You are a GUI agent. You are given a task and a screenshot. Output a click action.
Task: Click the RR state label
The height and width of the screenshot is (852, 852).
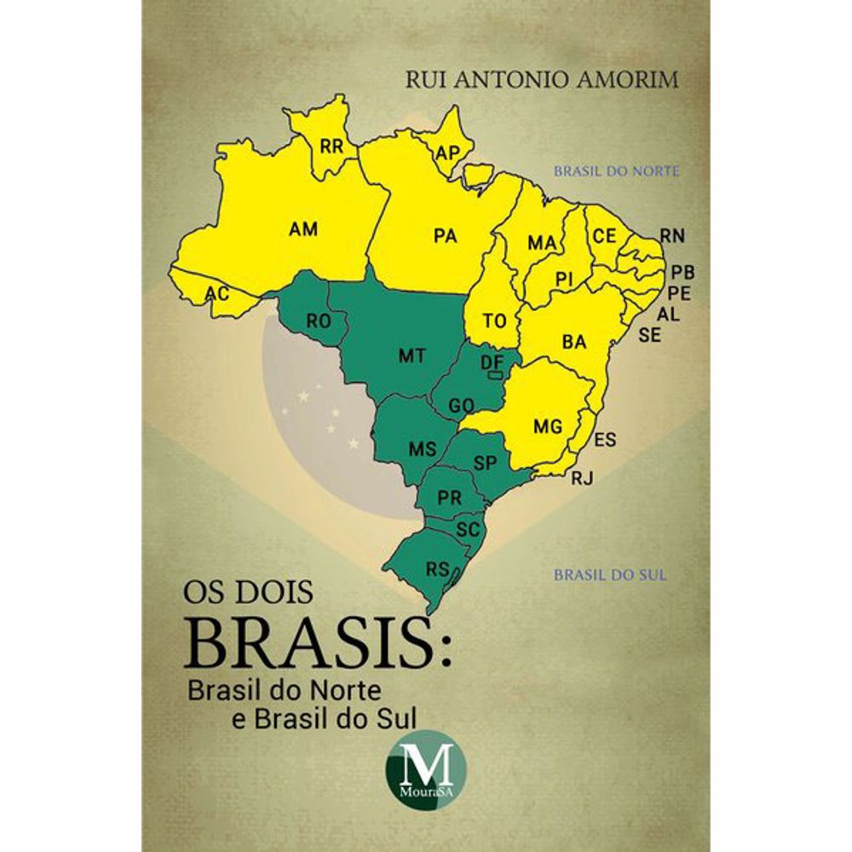331,146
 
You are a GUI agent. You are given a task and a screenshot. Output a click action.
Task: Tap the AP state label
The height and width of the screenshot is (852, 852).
447,153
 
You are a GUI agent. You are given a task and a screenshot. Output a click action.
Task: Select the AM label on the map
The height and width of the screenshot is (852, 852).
303,228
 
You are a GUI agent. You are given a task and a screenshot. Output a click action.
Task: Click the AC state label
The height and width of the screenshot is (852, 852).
217,294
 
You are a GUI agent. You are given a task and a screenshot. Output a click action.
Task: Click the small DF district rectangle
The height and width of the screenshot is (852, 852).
493,373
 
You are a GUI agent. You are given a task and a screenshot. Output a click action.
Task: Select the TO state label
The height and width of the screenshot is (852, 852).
495,321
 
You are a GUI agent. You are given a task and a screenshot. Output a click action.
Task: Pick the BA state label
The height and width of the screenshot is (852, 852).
574,342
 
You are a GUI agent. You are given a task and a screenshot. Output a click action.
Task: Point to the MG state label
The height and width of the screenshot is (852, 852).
547,425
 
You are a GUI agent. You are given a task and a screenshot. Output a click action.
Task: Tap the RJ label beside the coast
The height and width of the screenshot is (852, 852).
582,479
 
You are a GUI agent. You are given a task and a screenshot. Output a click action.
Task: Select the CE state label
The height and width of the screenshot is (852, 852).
604,235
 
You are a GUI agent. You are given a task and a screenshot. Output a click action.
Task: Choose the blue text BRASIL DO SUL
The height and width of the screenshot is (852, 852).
610,575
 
